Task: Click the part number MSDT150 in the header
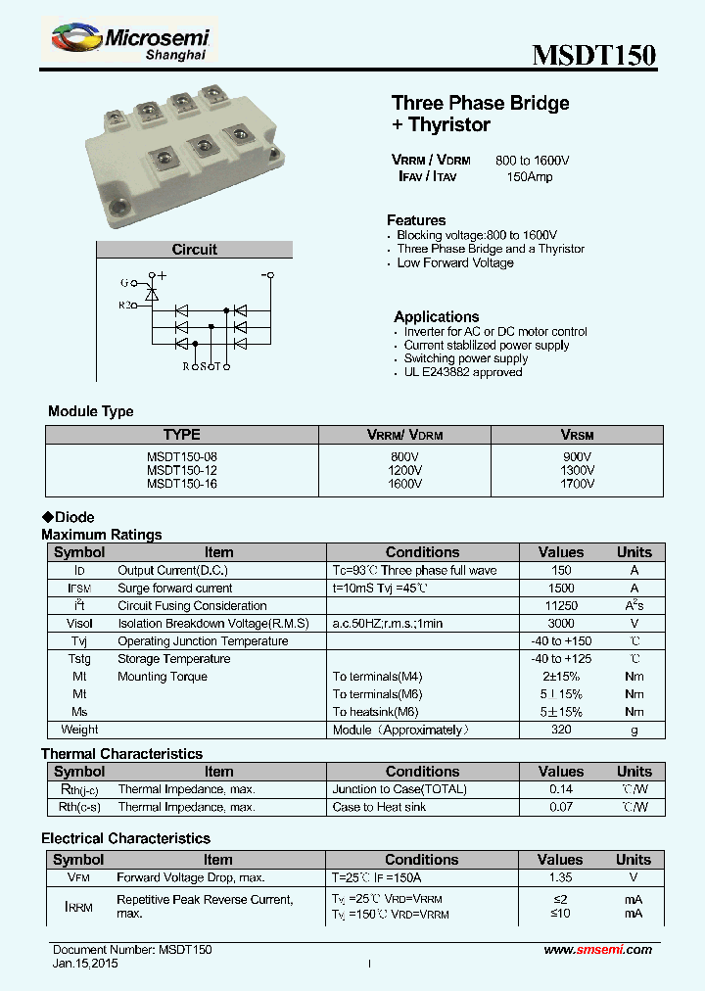tap(593, 55)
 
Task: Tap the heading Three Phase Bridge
tap(480, 103)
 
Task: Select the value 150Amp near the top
tap(529, 177)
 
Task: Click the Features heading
tap(416, 220)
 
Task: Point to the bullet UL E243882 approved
tap(463, 372)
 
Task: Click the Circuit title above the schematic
tap(194, 250)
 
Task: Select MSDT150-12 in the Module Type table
tap(182, 470)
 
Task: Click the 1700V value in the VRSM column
tap(577, 484)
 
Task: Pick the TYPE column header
tap(182, 435)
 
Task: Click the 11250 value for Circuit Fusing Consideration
tap(561, 606)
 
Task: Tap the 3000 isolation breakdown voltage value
tap(561, 624)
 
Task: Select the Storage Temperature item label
tap(174, 659)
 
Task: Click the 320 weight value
tap(561, 730)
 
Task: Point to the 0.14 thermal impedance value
tap(561, 789)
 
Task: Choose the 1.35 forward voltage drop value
tap(561, 877)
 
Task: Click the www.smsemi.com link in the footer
tap(597, 950)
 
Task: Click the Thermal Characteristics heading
tap(121, 754)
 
